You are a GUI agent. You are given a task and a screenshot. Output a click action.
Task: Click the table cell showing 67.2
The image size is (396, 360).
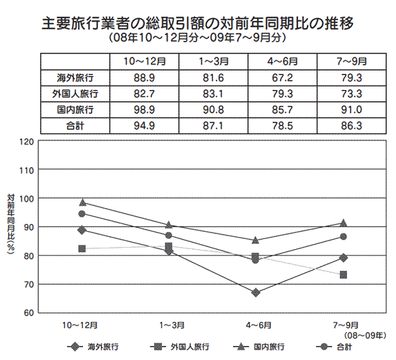click(282, 78)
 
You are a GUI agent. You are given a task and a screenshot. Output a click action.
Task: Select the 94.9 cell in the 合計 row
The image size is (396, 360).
click(144, 125)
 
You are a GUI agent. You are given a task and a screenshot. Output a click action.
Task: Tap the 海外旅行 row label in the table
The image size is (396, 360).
click(76, 78)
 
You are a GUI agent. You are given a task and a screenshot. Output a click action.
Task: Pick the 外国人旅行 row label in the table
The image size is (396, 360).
click(76, 94)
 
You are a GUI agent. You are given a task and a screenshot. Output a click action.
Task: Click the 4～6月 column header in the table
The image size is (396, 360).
click(282, 61)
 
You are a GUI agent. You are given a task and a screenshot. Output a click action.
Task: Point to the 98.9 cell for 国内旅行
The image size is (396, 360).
click(144, 109)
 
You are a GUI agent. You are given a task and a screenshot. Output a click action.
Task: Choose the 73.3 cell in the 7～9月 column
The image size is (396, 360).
click(351, 94)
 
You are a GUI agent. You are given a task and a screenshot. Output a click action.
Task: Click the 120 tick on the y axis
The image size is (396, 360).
click(27, 142)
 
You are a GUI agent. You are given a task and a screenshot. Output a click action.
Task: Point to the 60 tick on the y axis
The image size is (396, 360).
click(29, 312)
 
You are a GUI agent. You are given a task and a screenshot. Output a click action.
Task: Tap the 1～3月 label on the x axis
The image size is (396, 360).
click(172, 325)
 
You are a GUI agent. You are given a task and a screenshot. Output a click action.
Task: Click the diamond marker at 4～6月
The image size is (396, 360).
click(256, 292)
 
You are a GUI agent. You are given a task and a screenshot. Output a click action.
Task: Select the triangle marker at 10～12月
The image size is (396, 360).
click(83, 202)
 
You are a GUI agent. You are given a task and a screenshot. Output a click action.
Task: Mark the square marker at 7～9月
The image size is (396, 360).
click(343, 274)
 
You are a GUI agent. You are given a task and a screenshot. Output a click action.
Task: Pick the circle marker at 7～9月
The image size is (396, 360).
click(343, 237)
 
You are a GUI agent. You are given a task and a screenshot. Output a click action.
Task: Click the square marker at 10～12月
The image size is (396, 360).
click(82, 249)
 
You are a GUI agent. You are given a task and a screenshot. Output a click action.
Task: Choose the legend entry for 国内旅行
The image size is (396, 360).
click(259, 347)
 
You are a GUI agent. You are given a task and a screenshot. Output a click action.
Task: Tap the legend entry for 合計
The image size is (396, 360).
click(334, 347)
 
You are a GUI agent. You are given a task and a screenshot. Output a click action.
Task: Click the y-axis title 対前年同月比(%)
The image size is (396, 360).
click(11, 224)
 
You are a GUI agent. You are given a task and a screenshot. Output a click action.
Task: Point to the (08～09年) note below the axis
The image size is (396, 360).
click(365, 336)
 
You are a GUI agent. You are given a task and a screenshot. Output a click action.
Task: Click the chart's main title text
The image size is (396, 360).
click(197, 24)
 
